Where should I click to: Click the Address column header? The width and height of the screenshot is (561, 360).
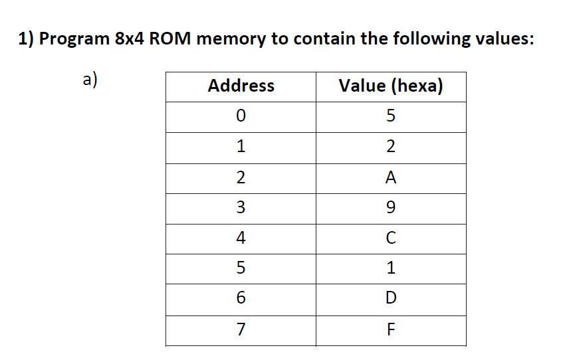(x=241, y=86)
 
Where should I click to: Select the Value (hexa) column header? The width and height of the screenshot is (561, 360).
(x=391, y=86)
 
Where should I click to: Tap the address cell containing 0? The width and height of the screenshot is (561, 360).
(x=241, y=116)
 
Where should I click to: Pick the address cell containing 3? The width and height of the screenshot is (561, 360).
(x=241, y=208)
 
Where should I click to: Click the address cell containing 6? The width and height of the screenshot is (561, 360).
(x=241, y=299)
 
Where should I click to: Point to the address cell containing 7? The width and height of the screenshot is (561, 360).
(x=241, y=329)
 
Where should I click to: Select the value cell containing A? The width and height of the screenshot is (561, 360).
(x=391, y=177)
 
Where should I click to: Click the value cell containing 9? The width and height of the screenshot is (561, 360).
(x=391, y=208)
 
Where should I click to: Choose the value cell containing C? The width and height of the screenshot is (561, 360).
(x=391, y=238)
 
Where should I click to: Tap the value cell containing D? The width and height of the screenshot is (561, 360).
(x=391, y=299)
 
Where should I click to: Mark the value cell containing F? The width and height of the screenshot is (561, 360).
(x=391, y=329)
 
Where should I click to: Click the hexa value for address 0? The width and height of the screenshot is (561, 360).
(x=391, y=116)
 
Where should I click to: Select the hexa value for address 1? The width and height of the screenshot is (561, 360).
(x=391, y=147)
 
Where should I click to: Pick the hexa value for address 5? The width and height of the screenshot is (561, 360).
(x=391, y=268)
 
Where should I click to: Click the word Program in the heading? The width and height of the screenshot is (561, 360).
(x=74, y=39)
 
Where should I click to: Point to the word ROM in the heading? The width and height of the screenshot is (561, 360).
(x=171, y=39)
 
